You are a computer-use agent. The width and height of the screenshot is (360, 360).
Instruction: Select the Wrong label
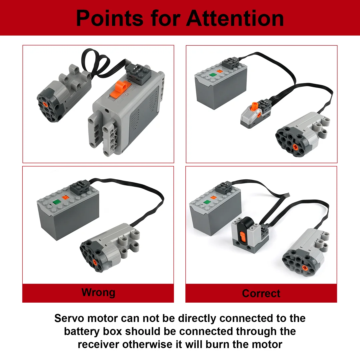(98, 293)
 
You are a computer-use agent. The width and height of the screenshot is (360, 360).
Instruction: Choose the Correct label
(261, 293)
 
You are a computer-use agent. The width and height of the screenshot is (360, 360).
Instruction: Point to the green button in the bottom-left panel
(56, 201)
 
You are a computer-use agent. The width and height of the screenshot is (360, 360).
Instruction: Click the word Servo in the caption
(69, 318)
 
